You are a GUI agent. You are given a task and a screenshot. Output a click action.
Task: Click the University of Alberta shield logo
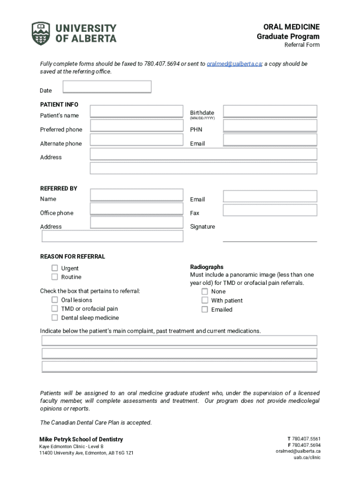pyautogui.click(x=40, y=33)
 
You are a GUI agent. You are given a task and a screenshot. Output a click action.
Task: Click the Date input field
pyautogui.click(x=107, y=87)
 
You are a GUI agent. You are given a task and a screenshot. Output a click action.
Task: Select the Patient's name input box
pyautogui.click(x=137, y=111)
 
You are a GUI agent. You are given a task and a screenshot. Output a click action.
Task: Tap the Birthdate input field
pyautogui.click(x=270, y=111)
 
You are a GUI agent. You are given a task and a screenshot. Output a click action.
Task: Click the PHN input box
pyautogui.click(x=270, y=126)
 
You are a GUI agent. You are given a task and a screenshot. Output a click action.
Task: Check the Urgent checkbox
pyautogui.click(x=55, y=268)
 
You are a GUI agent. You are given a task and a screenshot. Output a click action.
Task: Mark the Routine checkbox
pyautogui.click(x=55, y=277)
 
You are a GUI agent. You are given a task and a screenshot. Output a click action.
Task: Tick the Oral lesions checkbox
pyautogui.click(x=55, y=300)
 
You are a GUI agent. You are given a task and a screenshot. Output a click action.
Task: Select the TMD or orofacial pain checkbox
pyautogui.click(x=55, y=309)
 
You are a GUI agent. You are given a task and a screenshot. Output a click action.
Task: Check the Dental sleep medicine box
pyautogui.click(x=55, y=318)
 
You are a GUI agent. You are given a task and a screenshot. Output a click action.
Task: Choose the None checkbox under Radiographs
pyautogui.click(x=205, y=291)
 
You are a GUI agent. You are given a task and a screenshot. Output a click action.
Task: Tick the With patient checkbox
pyautogui.click(x=205, y=300)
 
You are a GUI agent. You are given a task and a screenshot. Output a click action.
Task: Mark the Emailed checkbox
pyautogui.click(x=205, y=309)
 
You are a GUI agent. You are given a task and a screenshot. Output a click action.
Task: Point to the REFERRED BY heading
pyautogui.click(x=59, y=189)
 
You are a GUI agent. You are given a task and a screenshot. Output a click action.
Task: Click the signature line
pyautogui.click(x=270, y=240)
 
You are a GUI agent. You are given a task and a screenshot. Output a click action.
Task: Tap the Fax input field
pyautogui.click(x=270, y=210)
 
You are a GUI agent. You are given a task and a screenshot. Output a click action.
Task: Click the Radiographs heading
pyautogui.click(x=207, y=267)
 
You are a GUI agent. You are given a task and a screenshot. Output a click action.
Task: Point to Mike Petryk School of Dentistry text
pyautogui.click(x=81, y=439)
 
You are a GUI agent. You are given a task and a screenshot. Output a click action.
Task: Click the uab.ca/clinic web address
pyautogui.click(x=307, y=457)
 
